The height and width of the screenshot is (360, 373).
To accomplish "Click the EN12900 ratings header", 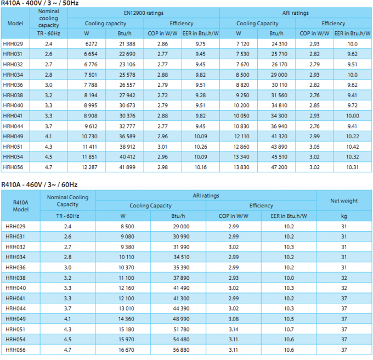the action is coord(144,13).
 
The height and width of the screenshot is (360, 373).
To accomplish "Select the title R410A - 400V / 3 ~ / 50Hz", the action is coord(39,3).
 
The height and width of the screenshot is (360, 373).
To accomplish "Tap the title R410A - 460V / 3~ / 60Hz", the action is coord(39,184).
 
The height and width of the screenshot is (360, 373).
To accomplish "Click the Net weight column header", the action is coord(344,201).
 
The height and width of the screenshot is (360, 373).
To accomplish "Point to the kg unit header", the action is coord(344,216).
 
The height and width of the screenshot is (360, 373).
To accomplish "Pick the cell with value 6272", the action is coord(91,44).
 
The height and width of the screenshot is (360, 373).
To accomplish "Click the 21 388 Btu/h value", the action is coord(127,44).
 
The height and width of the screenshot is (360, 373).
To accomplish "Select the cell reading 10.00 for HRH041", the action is coord(352,116).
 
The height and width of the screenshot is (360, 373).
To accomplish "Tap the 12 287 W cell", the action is coord(89,167).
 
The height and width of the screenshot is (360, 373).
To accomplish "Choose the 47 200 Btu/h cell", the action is coord(279,167).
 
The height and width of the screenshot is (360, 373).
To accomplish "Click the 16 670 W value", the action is coord(126,350).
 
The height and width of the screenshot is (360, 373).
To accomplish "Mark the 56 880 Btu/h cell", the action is coord(181,350).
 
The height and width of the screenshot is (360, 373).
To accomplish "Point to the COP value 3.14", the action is coord(233,329).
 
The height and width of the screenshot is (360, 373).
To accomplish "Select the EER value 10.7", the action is coord(289,329).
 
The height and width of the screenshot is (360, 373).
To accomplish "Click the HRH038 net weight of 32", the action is coord(344,278).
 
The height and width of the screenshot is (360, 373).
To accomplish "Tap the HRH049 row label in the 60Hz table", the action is coord(15,319).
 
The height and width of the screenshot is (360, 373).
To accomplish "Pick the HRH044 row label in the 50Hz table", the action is coord(13,126).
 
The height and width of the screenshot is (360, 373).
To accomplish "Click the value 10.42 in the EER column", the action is coord(352,147).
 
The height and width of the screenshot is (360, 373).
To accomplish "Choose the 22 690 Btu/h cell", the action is coord(127,54).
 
